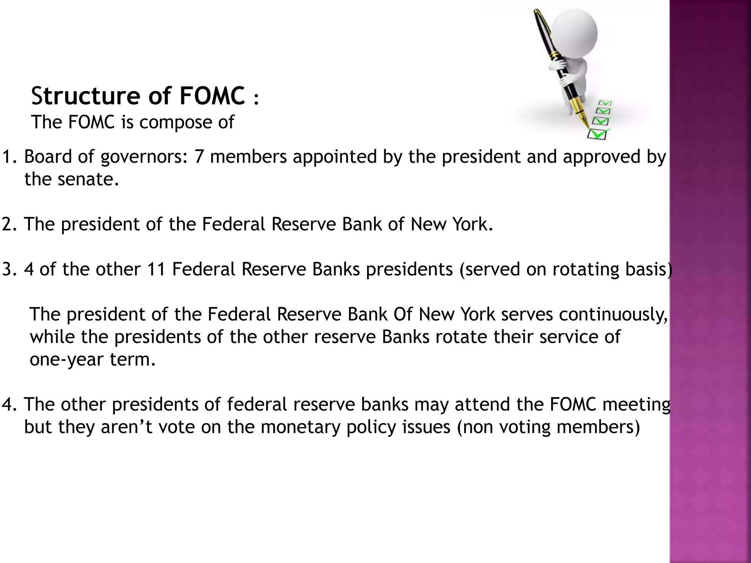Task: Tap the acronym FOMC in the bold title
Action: tap(212, 96)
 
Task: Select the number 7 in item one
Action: tap(199, 157)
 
